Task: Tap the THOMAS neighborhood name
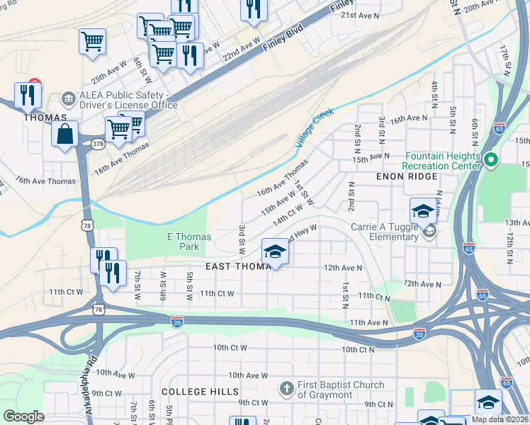(45, 118)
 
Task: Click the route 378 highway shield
(97, 144)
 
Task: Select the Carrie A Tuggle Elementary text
(384, 232)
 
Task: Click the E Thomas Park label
(183, 242)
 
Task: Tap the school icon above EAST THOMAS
(275, 251)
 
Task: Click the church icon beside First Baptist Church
(286, 388)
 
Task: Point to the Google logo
(24, 416)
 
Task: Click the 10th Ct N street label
(358, 350)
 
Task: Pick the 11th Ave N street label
(367, 322)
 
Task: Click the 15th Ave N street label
(372, 157)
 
